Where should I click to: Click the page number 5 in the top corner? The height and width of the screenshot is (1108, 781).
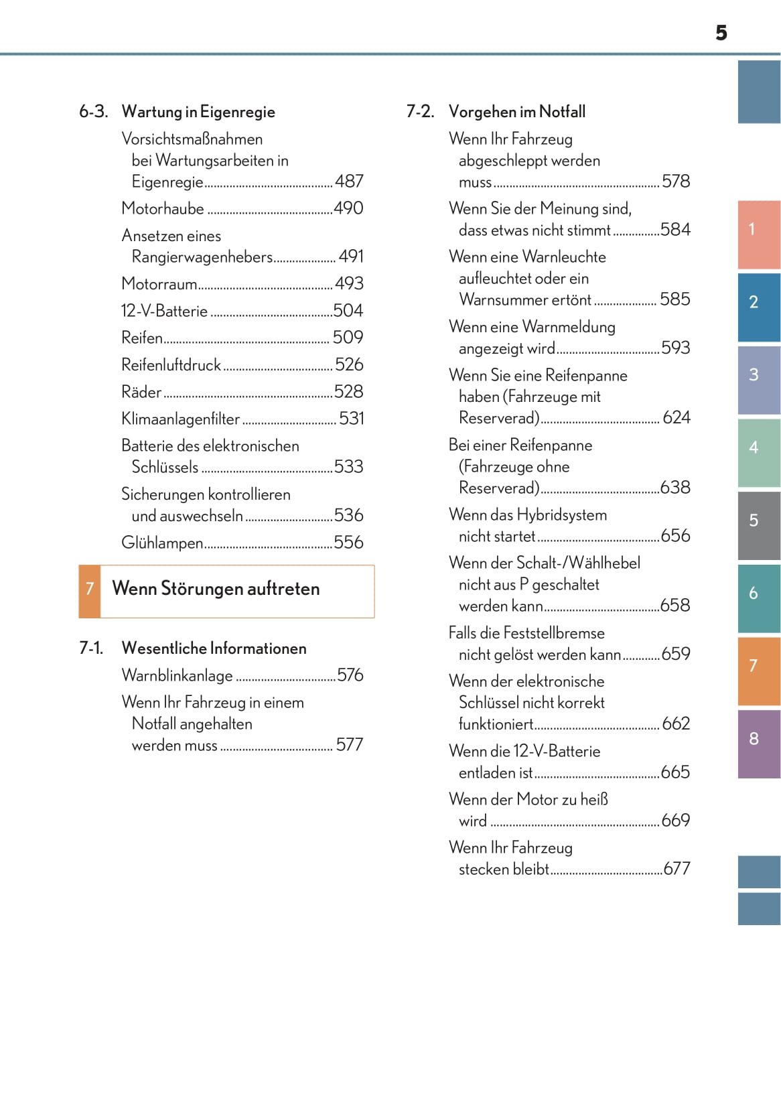[x=721, y=33]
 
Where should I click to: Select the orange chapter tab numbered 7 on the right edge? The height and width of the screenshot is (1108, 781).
[x=758, y=671]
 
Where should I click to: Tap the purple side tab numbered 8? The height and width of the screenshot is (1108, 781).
[x=758, y=744]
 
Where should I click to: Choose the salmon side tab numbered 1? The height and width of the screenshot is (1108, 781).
[x=758, y=234]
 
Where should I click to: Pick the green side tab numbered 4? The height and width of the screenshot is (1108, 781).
[x=758, y=452]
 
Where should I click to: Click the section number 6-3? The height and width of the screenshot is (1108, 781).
[x=93, y=112]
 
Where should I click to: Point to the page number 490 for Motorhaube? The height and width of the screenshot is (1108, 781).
[x=348, y=208]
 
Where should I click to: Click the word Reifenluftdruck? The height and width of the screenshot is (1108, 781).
[x=171, y=365]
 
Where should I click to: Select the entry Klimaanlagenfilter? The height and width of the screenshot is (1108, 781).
[x=180, y=419]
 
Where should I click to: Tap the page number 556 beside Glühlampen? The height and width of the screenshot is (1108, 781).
[x=348, y=543]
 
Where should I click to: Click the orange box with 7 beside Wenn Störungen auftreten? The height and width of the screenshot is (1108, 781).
[x=90, y=591]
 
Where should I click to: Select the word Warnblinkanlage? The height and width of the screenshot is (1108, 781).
[x=177, y=675]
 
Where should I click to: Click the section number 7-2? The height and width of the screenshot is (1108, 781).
[x=420, y=112]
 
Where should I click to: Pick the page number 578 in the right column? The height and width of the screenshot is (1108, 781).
[x=675, y=182]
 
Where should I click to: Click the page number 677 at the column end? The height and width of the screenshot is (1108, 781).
[x=677, y=869]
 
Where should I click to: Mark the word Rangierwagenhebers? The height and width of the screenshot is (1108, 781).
[x=202, y=257]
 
